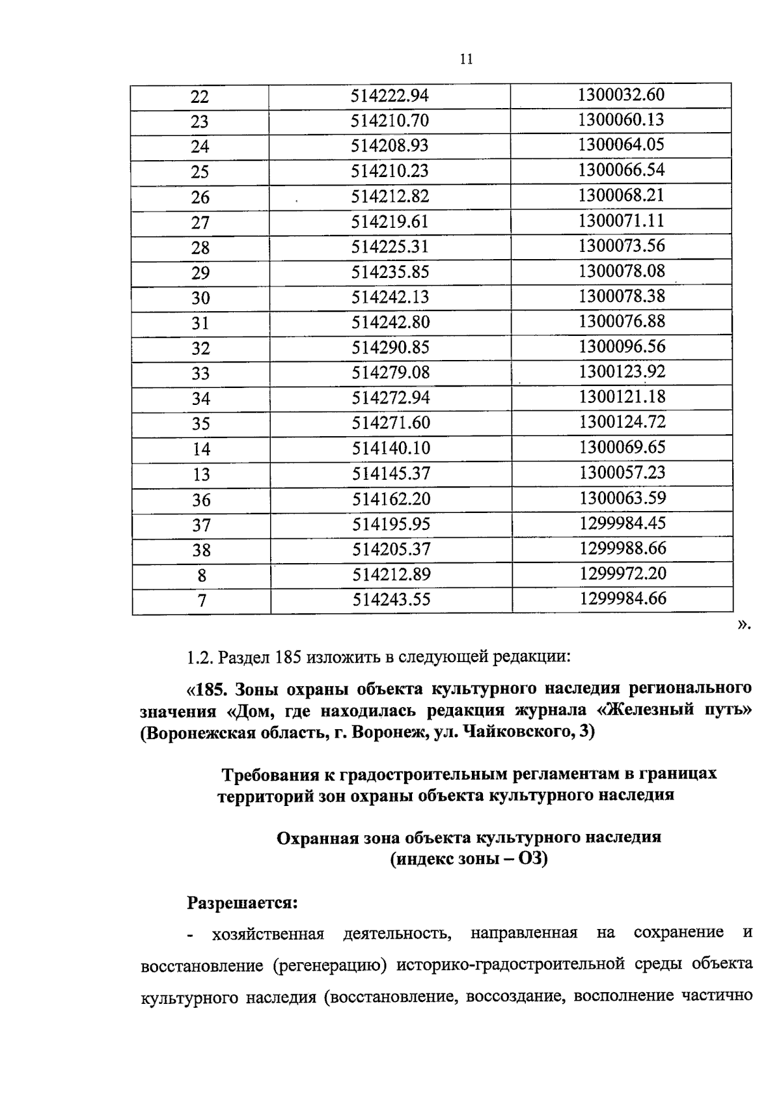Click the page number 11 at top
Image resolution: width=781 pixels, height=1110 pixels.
(x=465, y=59)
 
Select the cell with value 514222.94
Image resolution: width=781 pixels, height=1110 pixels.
(x=390, y=96)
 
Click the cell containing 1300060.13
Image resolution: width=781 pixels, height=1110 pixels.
(x=621, y=120)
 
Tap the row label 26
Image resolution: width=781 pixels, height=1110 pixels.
(x=200, y=197)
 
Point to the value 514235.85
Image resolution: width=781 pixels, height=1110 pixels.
(x=390, y=272)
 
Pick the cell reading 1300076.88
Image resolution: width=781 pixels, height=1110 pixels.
(x=622, y=322)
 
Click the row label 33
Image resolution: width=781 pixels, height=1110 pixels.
(x=200, y=374)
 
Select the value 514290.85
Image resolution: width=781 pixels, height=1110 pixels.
(x=390, y=348)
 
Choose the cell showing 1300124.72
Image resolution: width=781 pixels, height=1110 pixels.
(x=622, y=423)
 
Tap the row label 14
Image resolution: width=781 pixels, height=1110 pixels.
(x=201, y=449)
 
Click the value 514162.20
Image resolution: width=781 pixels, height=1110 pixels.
(x=391, y=499)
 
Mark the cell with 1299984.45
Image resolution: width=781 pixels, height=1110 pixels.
(x=622, y=523)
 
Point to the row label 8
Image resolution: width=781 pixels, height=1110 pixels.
(x=202, y=576)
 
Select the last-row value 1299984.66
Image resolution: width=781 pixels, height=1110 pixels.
(x=623, y=599)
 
